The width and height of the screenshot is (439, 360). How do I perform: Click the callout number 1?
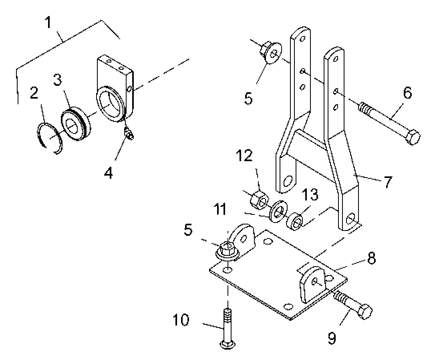(49, 22)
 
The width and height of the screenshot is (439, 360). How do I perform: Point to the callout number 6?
(408, 93)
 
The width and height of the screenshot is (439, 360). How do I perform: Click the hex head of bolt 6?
(413, 137)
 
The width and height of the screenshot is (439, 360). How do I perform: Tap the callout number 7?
(388, 182)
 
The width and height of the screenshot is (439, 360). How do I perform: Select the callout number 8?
(371, 259)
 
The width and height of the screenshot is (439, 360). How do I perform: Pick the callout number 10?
(181, 320)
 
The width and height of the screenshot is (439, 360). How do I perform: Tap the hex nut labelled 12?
(259, 198)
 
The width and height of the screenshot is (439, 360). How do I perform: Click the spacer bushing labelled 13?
(295, 222)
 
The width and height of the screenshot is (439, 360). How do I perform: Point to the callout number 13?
(310, 194)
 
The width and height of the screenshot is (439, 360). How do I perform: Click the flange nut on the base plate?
(228, 251)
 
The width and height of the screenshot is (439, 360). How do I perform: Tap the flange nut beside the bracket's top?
(271, 53)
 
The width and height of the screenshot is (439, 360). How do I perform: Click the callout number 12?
(244, 156)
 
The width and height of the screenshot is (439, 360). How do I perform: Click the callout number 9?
(332, 338)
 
